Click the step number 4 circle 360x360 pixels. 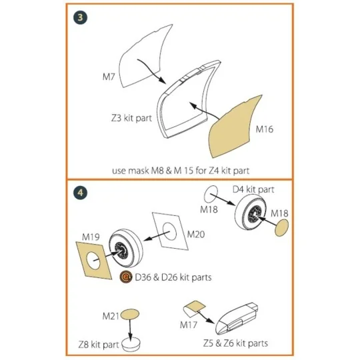pos(80,193)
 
